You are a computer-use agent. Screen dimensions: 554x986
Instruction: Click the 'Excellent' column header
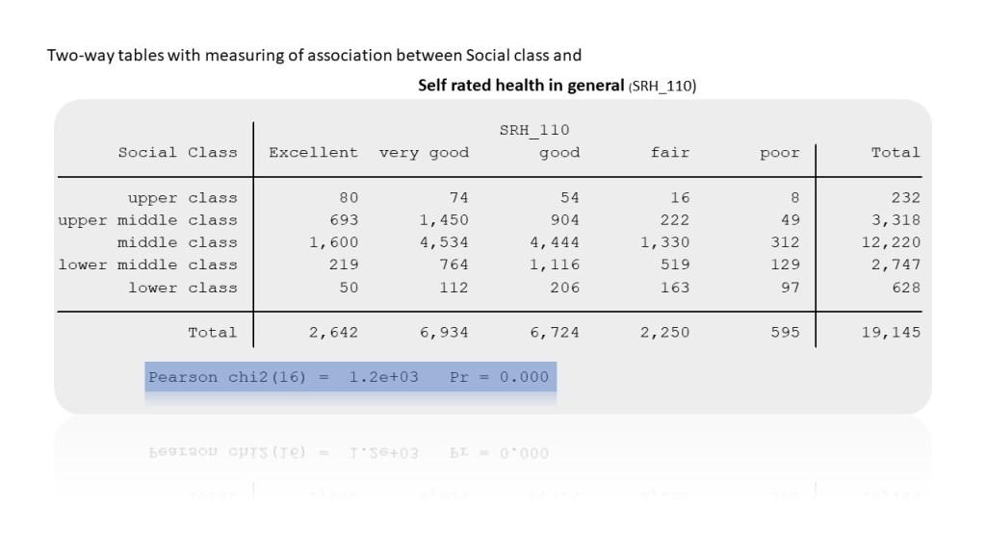tap(313, 152)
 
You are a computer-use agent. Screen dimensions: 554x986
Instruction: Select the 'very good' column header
tap(424, 152)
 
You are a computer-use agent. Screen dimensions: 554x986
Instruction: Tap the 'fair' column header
tap(670, 152)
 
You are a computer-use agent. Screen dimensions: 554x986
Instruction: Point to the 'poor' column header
tap(779, 152)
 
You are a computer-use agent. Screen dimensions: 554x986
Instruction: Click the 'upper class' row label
tap(182, 197)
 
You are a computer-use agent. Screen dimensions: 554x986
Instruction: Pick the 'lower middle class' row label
tap(147, 264)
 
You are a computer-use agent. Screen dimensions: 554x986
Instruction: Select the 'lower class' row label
tap(182, 287)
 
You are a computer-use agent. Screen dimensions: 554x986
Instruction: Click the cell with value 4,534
tap(444, 242)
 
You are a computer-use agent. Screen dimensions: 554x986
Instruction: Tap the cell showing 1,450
tap(444, 219)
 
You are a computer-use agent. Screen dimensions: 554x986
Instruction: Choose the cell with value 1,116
tap(555, 264)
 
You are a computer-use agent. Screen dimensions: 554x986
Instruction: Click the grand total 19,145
tap(891, 332)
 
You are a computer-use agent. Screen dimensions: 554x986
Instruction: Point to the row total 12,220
tap(891, 242)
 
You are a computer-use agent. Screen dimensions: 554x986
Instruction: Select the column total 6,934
tap(444, 332)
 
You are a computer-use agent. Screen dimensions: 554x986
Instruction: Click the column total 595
tap(785, 332)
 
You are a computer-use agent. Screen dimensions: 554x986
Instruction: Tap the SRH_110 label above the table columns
tap(534, 130)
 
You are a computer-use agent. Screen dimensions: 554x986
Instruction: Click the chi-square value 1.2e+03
tap(383, 377)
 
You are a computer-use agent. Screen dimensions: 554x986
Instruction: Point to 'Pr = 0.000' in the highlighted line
tap(499, 377)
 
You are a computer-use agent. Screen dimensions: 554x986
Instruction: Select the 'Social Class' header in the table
tap(177, 152)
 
